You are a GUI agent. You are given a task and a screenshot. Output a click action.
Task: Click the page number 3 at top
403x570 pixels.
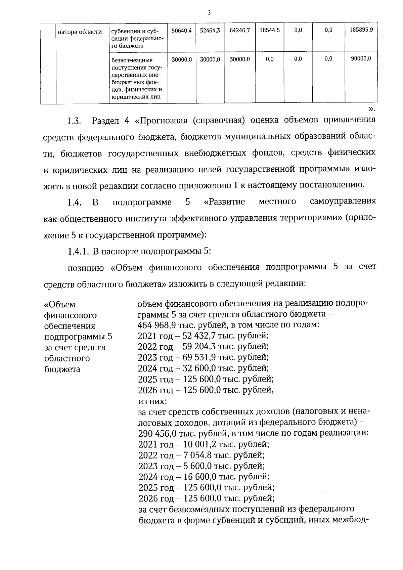[x=209, y=13]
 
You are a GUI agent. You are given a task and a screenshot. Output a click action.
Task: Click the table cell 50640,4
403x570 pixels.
[x=181, y=30]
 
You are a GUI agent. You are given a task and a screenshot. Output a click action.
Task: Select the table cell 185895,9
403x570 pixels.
[x=361, y=30]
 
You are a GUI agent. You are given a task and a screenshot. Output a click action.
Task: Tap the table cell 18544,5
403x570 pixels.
[x=269, y=30]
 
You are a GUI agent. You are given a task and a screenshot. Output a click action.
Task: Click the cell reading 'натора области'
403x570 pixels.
[x=80, y=32]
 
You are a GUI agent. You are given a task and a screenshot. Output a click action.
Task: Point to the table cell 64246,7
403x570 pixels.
[x=239, y=30]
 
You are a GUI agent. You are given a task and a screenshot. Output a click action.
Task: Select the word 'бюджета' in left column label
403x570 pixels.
[x=62, y=369]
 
